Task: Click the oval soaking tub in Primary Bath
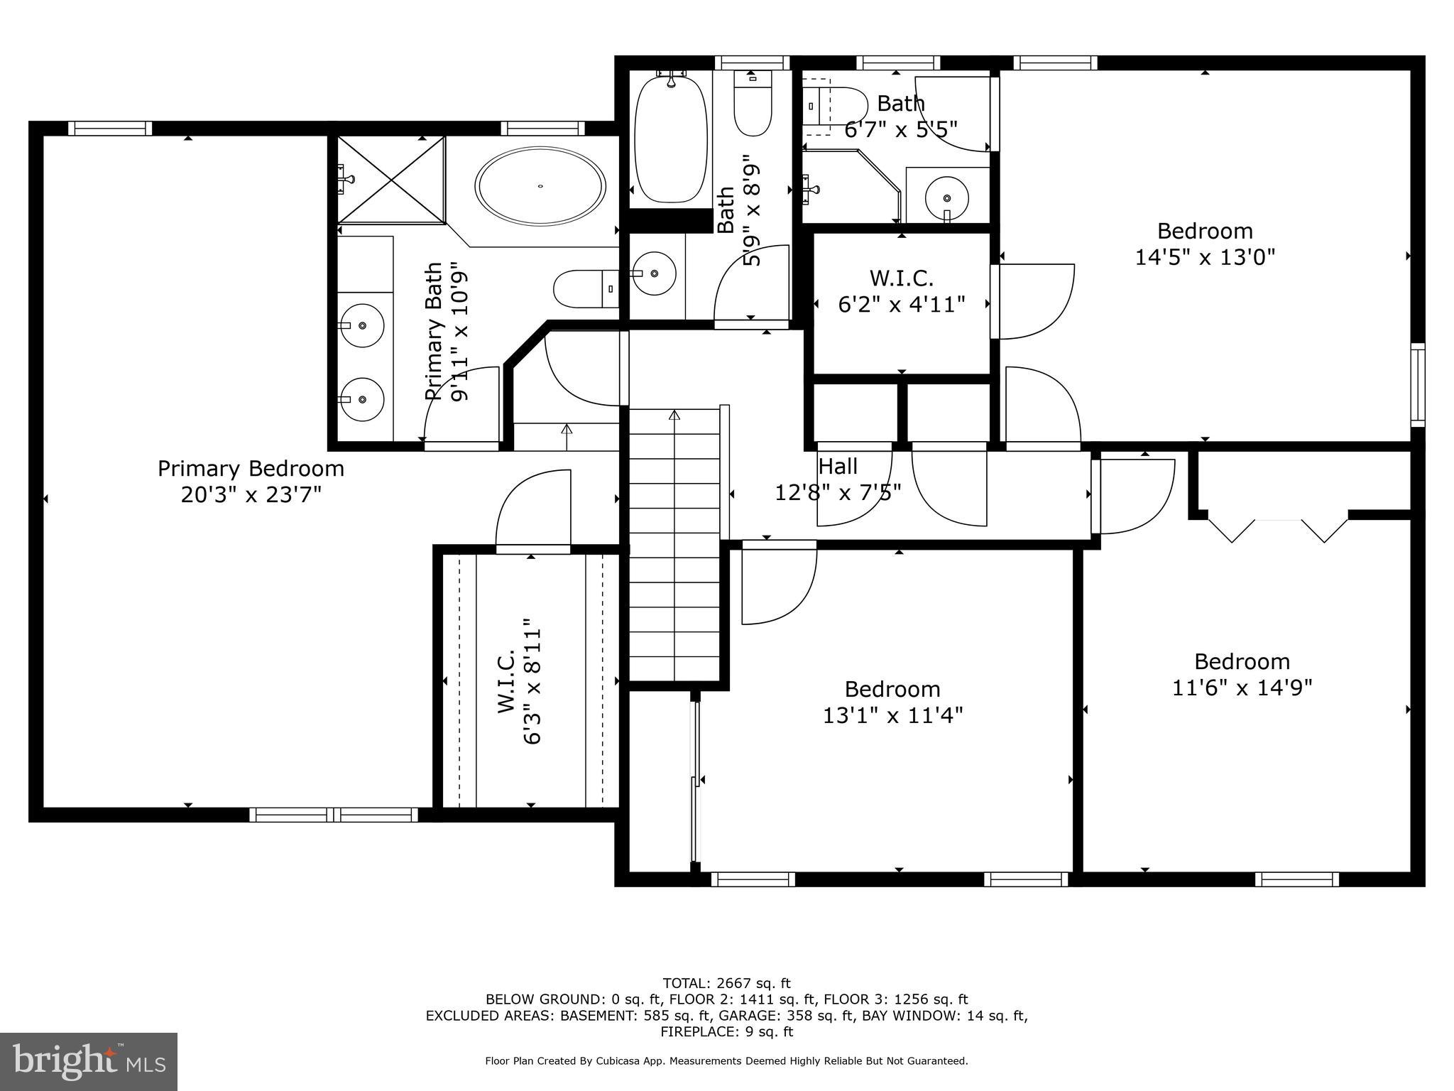point(540,187)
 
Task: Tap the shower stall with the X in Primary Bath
point(391,180)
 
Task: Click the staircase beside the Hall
point(674,547)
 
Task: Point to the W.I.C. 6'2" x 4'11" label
point(902,291)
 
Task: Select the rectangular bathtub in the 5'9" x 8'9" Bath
point(670,139)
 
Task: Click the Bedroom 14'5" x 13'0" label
point(1205,244)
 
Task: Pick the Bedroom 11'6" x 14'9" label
point(1242,675)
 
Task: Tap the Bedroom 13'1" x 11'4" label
point(892,702)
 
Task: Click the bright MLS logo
point(89,1061)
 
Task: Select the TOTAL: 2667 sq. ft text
point(726,983)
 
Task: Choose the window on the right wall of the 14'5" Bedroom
point(1417,384)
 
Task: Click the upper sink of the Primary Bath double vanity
point(361,325)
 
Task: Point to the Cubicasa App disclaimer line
point(726,1061)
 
